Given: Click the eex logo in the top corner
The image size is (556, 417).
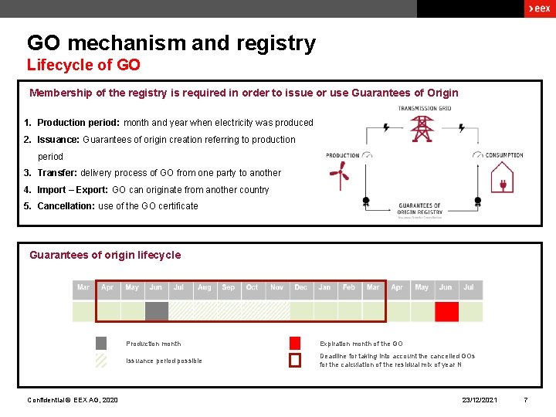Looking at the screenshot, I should (x=538, y=8).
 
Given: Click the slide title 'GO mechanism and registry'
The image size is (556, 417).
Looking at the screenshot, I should (x=171, y=43).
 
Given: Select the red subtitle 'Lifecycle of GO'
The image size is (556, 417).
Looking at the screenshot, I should (x=83, y=66).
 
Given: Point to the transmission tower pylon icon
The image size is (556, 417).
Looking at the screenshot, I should (x=422, y=128).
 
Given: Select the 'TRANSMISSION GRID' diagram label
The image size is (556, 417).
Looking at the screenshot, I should (x=425, y=108).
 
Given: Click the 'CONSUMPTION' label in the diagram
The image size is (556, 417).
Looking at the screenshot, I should (x=504, y=155).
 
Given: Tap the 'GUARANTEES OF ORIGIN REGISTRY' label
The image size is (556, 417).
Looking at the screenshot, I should (x=420, y=208).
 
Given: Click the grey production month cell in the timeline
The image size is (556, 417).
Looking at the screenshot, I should (x=156, y=310).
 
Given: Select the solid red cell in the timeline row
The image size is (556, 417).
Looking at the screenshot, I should (x=446, y=310).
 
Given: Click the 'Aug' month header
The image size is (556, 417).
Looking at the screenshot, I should (x=204, y=287).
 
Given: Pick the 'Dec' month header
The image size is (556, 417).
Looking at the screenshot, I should (x=300, y=287).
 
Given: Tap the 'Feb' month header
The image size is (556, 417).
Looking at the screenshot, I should (x=349, y=287).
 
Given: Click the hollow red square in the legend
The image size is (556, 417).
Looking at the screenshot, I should (x=294, y=361).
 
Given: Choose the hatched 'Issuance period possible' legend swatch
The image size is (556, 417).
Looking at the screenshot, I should (x=101, y=361).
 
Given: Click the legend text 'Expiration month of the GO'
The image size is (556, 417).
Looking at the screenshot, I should (x=361, y=344).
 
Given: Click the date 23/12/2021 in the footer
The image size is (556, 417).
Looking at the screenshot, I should (x=480, y=400).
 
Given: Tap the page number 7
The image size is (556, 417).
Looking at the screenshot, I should (x=525, y=400).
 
